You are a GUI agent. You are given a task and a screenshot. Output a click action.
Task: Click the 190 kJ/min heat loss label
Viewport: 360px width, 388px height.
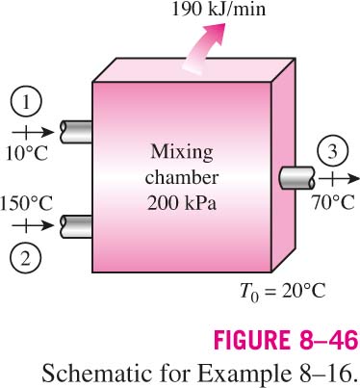tap(219, 9)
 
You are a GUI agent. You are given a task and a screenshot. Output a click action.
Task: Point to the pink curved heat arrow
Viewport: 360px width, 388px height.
tap(203, 48)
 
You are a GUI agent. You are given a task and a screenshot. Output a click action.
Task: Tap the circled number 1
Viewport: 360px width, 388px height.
tap(26, 102)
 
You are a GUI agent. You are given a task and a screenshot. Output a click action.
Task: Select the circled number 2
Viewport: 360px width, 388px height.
tap(26, 259)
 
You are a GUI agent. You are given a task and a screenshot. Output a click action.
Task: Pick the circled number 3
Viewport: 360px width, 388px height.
tap(332, 151)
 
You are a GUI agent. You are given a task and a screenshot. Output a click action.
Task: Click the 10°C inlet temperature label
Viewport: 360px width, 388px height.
tap(27, 153)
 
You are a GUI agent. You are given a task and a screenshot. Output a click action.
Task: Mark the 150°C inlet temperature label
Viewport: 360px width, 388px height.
tap(26, 203)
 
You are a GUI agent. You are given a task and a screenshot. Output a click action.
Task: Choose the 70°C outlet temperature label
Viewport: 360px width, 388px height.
tap(333, 202)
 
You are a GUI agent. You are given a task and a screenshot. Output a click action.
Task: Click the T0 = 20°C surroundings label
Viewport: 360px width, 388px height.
tap(283, 292)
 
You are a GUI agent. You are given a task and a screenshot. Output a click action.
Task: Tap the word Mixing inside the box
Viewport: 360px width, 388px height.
tap(182, 151)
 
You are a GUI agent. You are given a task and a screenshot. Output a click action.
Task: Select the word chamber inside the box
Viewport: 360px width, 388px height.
tap(182, 177)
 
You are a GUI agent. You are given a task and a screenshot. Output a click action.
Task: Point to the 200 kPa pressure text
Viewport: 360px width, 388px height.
tap(182, 203)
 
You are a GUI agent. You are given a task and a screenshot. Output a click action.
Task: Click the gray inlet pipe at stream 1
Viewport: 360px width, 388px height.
tap(76, 132)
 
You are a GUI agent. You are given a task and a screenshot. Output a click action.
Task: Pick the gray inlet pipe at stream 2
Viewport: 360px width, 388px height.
tap(76, 226)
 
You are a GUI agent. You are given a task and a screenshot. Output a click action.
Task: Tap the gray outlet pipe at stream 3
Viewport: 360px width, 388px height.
tap(296, 178)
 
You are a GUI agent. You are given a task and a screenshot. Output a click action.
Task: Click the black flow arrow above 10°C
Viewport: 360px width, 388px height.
tap(33, 132)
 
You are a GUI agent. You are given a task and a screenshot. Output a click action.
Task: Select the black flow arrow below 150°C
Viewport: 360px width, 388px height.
tap(33, 226)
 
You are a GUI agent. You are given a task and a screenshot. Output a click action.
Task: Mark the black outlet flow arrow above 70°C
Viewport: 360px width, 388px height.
tap(339, 178)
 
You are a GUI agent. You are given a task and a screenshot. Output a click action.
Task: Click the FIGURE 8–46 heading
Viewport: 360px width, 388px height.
tap(286, 340)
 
